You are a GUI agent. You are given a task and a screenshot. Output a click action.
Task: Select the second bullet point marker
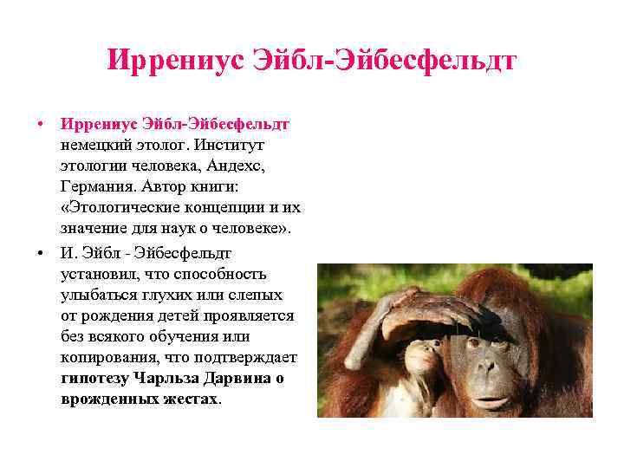pos(41,253)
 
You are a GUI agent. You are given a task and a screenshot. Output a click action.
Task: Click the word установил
pos(101,275)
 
